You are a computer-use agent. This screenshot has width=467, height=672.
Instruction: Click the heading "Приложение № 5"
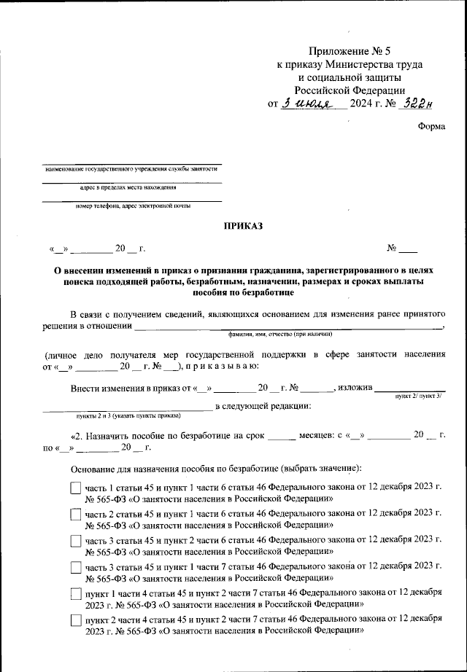pos(350,51)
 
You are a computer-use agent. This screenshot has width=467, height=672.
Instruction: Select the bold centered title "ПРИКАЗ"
pos(243,227)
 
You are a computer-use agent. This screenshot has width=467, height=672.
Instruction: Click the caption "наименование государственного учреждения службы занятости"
pos(131,168)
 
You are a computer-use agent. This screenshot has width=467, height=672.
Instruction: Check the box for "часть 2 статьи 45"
pos(76,515)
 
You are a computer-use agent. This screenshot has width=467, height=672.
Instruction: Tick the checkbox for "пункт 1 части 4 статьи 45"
pos(76,594)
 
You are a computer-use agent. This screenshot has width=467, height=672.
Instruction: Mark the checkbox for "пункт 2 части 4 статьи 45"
pos(76,620)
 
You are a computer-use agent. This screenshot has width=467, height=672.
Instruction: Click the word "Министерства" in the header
pos(352,64)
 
